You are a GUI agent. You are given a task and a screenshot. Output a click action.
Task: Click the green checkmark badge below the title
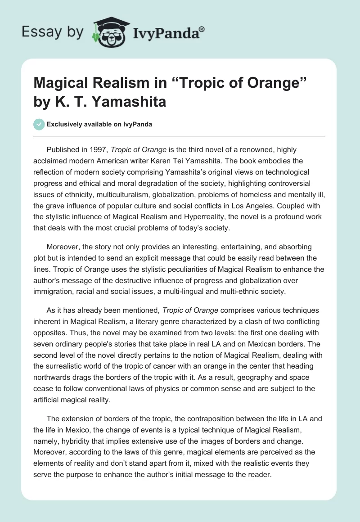[x=39, y=124]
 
